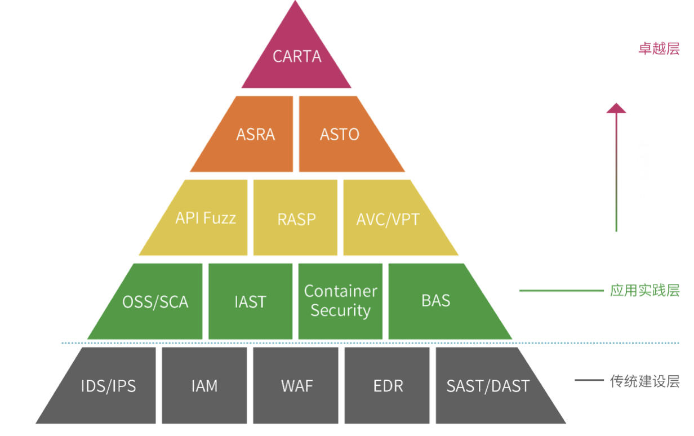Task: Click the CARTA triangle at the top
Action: (x=297, y=56)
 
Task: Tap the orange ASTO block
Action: (x=340, y=135)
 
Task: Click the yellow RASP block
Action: (x=296, y=218)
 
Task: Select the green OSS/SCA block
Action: (x=155, y=301)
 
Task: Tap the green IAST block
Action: (x=250, y=301)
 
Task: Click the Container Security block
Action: (x=340, y=301)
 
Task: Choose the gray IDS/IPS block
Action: (x=108, y=385)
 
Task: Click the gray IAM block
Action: (x=204, y=385)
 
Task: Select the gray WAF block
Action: (x=296, y=385)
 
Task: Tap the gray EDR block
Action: (x=388, y=385)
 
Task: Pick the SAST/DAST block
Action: (x=488, y=385)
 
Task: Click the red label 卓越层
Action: (x=659, y=48)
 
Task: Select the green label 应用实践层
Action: (x=644, y=291)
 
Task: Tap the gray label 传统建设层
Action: (x=644, y=381)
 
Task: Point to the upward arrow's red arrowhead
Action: (x=616, y=108)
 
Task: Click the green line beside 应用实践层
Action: (x=560, y=291)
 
